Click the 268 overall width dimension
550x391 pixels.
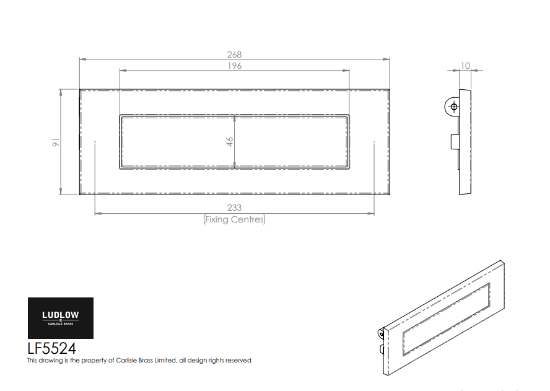tap(234, 55)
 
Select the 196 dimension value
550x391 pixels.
tap(234, 66)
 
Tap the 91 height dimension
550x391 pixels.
tap(56, 142)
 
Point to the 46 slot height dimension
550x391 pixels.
tap(229, 142)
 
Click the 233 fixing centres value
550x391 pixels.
tap(234, 208)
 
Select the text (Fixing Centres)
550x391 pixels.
tap(234, 219)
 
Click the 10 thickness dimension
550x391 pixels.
tap(465, 66)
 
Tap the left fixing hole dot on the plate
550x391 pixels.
tap(95, 142)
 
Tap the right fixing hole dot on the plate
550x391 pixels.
tap(374, 142)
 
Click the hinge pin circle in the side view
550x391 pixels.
tap(453, 107)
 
